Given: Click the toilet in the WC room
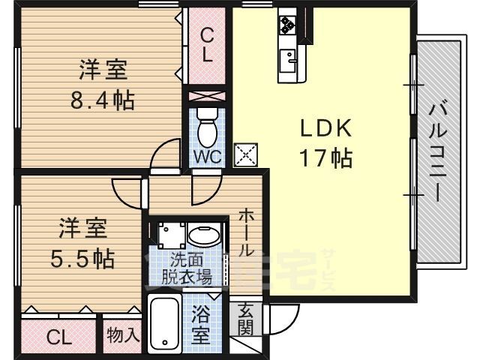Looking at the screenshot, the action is [207, 127].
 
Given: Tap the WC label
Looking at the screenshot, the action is [208, 157].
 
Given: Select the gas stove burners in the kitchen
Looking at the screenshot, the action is [287, 24].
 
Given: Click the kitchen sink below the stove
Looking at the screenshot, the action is [288, 61].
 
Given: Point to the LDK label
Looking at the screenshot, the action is [325, 128].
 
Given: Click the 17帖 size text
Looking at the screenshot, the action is [325, 157].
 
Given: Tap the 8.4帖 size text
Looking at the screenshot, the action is [103, 100].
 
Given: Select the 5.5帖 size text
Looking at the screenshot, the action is [82, 259].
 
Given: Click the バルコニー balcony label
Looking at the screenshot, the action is [438, 152].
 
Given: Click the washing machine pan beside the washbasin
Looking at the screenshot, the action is [172, 235].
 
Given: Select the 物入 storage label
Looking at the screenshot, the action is [123, 335].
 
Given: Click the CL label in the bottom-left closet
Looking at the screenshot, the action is [59, 337].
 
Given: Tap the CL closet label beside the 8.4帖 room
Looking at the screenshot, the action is [207, 46].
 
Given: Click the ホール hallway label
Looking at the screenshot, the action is [247, 232].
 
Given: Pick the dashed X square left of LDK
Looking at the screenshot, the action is [246, 154].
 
